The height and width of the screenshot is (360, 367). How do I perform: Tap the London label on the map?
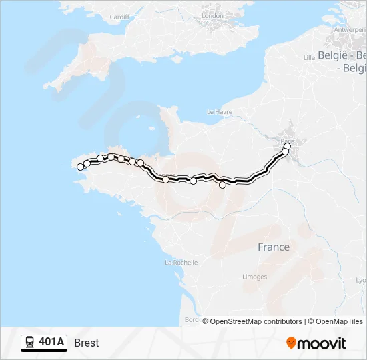[213, 15]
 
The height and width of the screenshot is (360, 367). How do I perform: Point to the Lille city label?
[308, 57]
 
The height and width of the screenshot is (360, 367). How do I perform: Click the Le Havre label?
[219, 111]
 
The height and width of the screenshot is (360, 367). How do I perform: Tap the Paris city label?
[288, 141]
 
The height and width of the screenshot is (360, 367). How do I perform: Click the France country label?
[274, 247]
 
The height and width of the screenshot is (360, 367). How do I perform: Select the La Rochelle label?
[181, 263]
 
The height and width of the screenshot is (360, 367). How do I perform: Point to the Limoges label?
[254, 277]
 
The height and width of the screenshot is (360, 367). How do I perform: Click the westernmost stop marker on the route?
[81, 167]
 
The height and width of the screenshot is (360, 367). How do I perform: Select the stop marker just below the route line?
[223, 185]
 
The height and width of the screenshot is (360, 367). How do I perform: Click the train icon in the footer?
[30, 343]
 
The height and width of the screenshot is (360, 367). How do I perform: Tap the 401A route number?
[51, 343]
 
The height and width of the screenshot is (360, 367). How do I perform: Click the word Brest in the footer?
[87, 343]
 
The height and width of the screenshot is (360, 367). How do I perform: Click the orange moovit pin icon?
[291, 343]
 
